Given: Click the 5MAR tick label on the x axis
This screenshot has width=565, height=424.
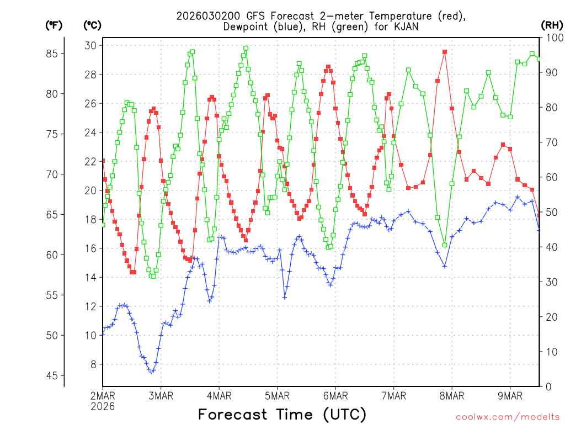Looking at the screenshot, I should click(x=277, y=395).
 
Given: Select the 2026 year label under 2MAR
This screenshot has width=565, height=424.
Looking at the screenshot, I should click(x=103, y=406).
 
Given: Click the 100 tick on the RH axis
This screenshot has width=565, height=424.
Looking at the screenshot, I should click(x=553, y=38).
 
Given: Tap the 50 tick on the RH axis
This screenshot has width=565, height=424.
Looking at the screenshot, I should click(x=551, y=212).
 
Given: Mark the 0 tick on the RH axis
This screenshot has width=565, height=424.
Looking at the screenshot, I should click(x=548, y=386).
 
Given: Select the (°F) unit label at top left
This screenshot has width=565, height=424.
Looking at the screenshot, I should click(x=54, y=25).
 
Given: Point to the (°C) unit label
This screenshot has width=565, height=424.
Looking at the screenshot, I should click(x=92, y=25).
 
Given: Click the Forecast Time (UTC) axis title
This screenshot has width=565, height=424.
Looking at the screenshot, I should click(x=282, y=414).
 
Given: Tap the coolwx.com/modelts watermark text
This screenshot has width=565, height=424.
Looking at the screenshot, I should click(x=507, y=417).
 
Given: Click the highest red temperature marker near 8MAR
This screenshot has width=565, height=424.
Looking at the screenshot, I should click(x=445, y=52).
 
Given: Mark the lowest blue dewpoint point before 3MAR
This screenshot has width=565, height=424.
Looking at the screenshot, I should click(x=151, y=371).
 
